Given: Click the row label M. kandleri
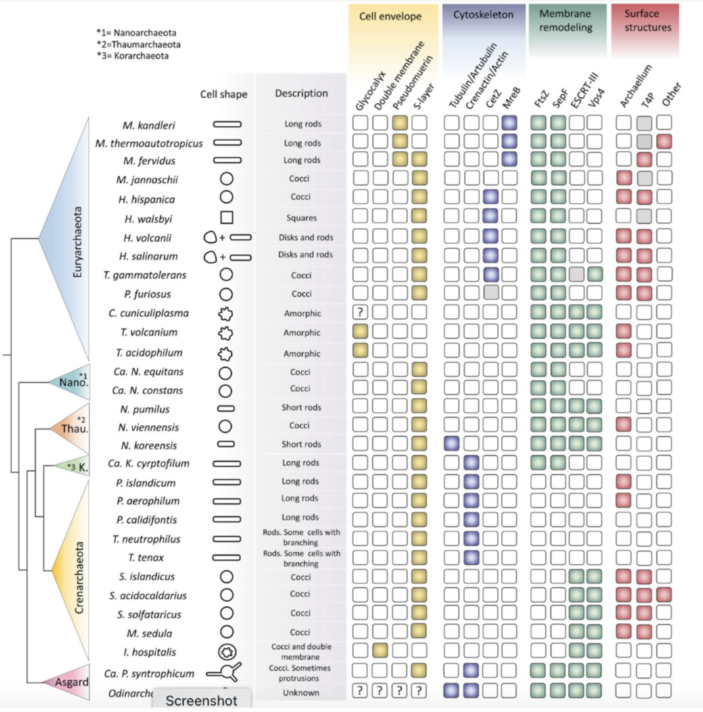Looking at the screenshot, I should (x=149, y=124).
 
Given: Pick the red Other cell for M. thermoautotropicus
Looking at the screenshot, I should (x=664, y=141).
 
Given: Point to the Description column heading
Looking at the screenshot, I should (x=301, y=93).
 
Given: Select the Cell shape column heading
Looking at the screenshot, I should (x=224, y=94).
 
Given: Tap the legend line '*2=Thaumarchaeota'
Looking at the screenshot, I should (x=138, y=44).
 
